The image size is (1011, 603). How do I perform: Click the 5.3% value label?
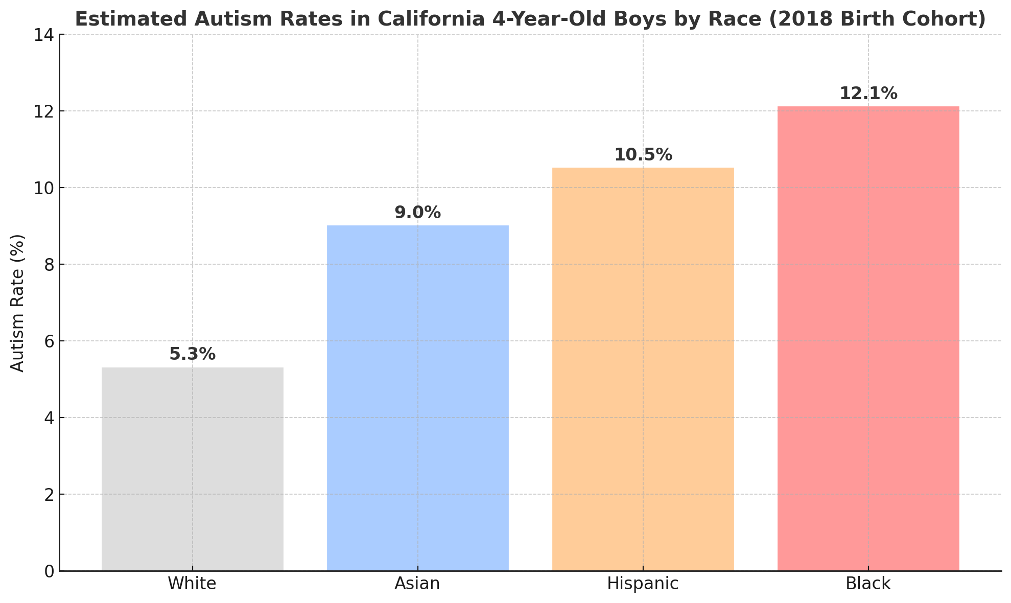(x=192, y=354)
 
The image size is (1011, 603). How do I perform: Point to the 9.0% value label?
(x=417, y=213)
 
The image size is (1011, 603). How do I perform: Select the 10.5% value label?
(x=643, y=155)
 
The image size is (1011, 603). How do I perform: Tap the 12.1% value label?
(x=868, y=94)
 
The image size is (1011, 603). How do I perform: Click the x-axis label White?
(x=192, y=584)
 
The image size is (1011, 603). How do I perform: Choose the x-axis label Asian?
(x=417, y=584)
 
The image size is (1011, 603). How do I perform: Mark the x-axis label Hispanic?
(x=643, y=584)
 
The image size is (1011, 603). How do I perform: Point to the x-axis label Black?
(x=868, y=584)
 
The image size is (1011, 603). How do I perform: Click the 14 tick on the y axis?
(x=44, y=35)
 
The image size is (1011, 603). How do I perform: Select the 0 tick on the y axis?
(x=49, y=571)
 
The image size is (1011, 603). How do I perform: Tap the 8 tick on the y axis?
(x=49, y=265)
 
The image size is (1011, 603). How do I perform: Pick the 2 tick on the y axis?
(x=49, y=495)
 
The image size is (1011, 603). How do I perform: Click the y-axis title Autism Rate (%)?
(x=17, y=303)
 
